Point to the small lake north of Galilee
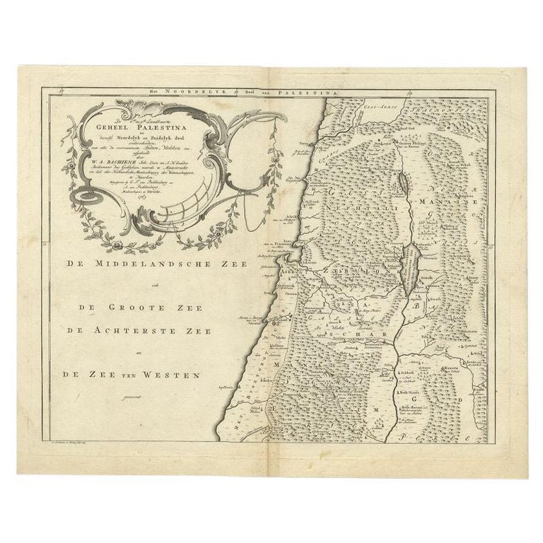[x=402, y=184]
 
